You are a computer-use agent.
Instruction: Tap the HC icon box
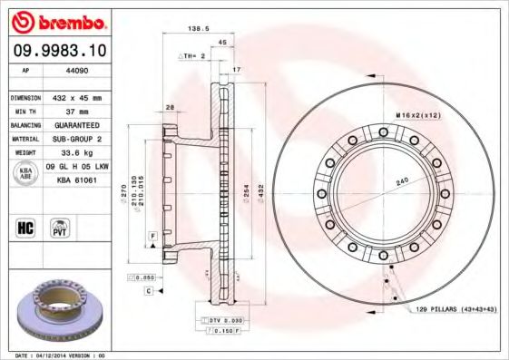coord(26,227)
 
